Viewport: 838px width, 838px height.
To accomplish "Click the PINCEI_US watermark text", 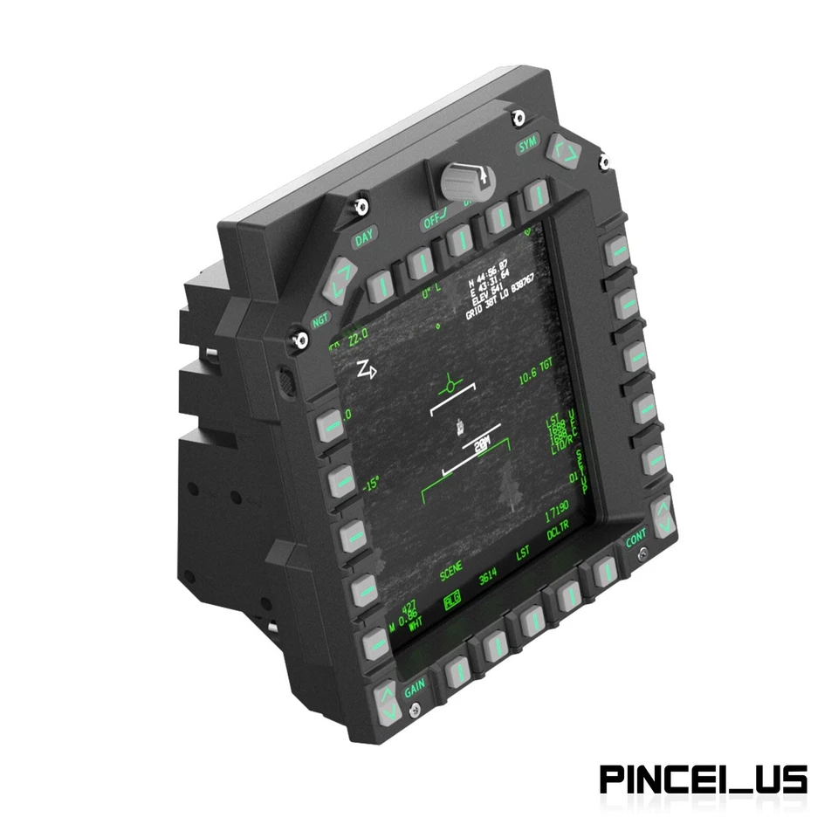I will [x=703, y=779].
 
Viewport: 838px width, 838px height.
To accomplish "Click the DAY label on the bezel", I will [x=364, y=237].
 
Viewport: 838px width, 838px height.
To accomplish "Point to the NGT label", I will [x=321, y=320].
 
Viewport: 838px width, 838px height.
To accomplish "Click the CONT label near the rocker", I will [x=636, y=540].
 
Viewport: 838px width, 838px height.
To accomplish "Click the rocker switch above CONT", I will [x=663, y=516].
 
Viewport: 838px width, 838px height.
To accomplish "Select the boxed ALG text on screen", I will [x=451, y=600].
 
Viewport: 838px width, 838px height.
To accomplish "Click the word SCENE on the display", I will [x=451, y=573].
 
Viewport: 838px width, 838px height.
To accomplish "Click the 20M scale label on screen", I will [x=482, y=444].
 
